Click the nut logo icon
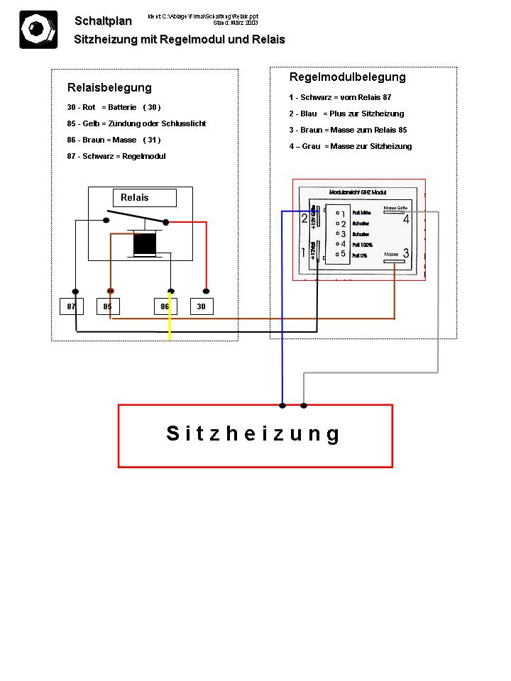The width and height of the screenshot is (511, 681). coord(38,30)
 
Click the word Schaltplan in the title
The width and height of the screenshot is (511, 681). coord(103,21)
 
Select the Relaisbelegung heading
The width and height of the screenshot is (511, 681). coord(109,88)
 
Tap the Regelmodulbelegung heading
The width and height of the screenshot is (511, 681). coord(347,77)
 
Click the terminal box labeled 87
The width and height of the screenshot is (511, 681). coord(71,306)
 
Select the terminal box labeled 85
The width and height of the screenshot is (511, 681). coord(108,306)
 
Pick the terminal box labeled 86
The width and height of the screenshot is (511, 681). coord(165,306)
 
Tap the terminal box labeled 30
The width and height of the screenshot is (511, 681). coord(202,306)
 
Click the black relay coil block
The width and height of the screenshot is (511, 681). coord(145,243)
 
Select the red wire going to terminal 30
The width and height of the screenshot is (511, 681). coord(206,255)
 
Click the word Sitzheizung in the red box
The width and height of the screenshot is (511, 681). coord(254,433)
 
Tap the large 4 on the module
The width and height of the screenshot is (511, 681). coord(406,219)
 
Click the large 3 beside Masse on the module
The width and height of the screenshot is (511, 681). coord(406,253)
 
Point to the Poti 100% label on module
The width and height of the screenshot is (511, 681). coord(362,245)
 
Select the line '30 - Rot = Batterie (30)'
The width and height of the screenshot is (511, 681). coord(114,107)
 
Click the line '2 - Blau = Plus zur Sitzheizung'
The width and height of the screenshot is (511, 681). coord(346,113)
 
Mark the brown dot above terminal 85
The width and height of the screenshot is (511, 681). coord(110,291)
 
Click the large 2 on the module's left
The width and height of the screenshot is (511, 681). coord(304,219)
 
